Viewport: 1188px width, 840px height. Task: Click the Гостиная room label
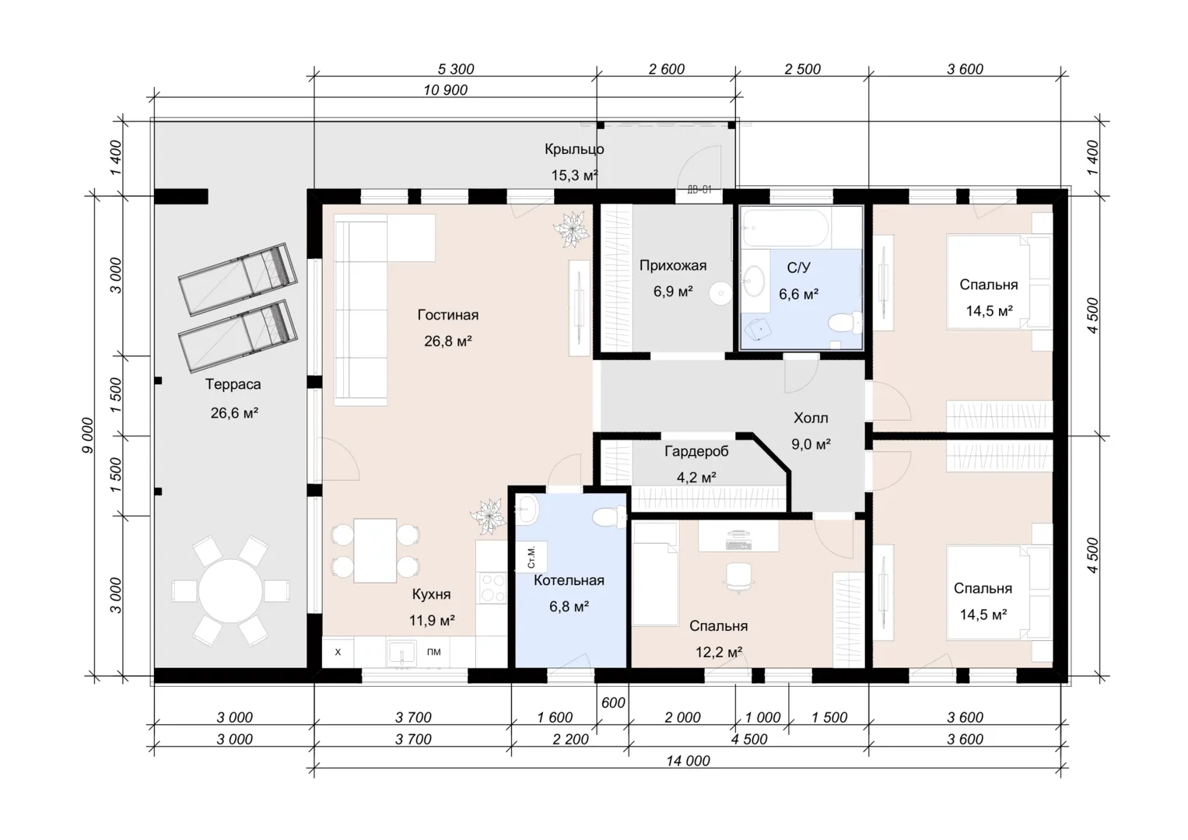[x=447, y=315]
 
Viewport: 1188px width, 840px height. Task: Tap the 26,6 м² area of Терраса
[x=234, y=412]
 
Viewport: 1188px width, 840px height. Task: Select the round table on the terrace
[x=231, y=590]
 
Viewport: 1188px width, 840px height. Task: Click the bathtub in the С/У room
[x=785, y=227]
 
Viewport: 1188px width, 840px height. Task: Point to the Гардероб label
[x=696, y=451]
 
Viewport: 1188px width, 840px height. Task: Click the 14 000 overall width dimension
[x=688, y=761]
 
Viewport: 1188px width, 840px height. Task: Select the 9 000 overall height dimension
[x=87, y=436]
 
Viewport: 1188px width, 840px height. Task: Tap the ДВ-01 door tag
[x=699, y=190]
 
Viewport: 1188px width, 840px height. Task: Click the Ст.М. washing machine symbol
[x=531, y=557]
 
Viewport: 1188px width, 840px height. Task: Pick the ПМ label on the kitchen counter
[x=434, y=652]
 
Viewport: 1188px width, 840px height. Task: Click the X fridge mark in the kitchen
[x=338, y=653]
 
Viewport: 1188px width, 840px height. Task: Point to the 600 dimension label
[x=613, y=702]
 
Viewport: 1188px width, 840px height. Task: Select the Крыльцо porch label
[x=574, y=149]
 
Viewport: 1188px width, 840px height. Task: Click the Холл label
[x=811, y=418]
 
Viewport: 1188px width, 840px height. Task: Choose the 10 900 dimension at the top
[x=446, y=90]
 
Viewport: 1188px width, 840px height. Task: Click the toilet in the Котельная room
[x=609, y=517]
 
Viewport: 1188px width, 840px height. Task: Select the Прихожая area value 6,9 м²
[x=673, y=291]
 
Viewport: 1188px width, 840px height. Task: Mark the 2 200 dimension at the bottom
[x=571, y=739]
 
